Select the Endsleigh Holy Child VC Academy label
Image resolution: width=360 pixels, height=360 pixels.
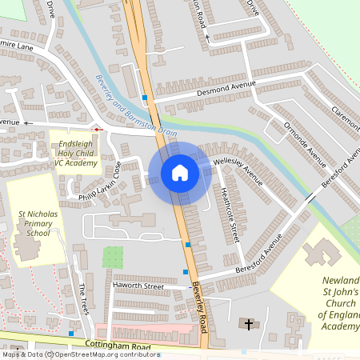tap(75, 151)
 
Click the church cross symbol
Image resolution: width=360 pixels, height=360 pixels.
tap(249, 324)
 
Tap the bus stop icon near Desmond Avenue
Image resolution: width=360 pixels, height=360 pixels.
tap(145, 98)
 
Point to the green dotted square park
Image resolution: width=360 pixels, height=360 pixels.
tap(114, 257)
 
